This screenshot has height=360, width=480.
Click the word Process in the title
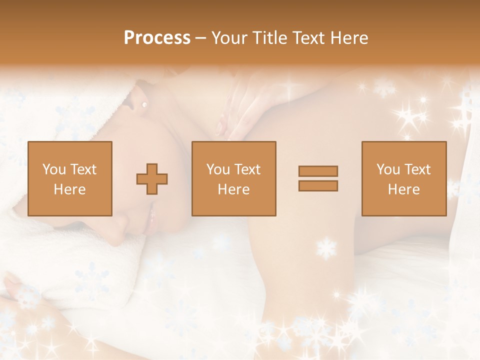tap(157, 38)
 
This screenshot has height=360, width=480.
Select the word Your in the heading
tap(230, 38)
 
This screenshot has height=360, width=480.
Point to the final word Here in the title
tap(348, 38)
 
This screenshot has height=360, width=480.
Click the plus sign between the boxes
tap(152, 179)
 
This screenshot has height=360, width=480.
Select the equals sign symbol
tap(318, 178)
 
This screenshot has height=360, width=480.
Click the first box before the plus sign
tap(69, 178)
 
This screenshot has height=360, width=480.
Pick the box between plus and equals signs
tap(233, 178)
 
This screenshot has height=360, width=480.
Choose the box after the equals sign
tap(403, 178)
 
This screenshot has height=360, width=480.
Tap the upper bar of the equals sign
tap(318, 171)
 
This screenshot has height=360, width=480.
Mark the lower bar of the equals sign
tap(318, 186)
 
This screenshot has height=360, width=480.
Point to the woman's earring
tap(144, 104)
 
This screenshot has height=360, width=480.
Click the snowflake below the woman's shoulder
tap(326, 248)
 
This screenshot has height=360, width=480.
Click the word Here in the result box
tap(403, 189)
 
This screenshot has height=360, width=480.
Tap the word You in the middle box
tap(218, 169)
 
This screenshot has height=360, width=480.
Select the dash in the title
tap(201, 38)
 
